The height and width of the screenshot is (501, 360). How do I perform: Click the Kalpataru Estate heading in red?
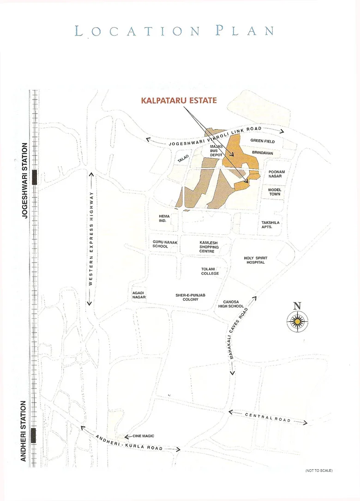click(x=179, y=100)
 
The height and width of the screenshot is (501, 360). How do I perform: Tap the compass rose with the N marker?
click(x=298, y=318)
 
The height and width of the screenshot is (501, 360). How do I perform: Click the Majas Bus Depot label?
click(x=216, y=151)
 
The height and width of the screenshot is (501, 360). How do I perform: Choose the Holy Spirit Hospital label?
click(x=255, y=260)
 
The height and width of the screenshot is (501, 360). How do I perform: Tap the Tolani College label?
click(x=210, y=271)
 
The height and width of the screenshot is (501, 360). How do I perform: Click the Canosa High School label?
click(x=230, y=304)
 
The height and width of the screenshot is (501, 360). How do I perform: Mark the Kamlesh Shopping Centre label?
click(x=209, y=247)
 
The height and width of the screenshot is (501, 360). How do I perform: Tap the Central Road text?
click(x=268, y=417)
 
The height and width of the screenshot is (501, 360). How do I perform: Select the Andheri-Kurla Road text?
click(x=129, y=441)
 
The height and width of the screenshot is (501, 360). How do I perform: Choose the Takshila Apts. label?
click(x=270, y=225)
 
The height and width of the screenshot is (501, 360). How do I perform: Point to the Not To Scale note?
click(x=318, y=470)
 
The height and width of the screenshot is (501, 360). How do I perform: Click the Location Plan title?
click(x=175, y=31)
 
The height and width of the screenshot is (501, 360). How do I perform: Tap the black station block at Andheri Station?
click(x=33, y=435)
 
